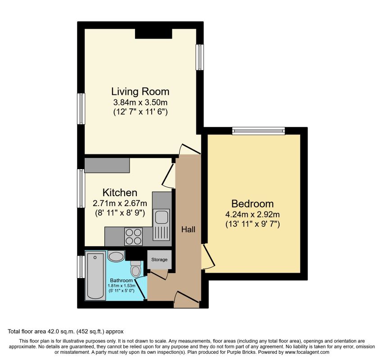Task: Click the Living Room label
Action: tap(140, 91)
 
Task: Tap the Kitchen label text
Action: tap(120, 193)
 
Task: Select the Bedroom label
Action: tap(253, 203)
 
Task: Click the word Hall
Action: tap(188, 229)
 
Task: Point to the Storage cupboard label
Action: tap(159, 260)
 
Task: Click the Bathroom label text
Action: tap(121, 280)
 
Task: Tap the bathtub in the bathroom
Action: tap(95, 275)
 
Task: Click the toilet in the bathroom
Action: tap(135, 269)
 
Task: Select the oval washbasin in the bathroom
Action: tap(116, 256)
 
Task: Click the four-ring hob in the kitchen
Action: tap(133, 237)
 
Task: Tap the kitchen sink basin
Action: tap(161, 216)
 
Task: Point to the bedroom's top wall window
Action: tap(258, 131)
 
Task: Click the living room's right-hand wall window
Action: tap(200, 57)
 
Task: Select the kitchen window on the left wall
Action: tap(81, 189)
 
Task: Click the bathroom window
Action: tap(81, 267)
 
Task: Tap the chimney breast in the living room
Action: tap(154, 34)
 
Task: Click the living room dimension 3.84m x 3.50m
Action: tap(140, 102)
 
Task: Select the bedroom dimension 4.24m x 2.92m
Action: tap(253, 214)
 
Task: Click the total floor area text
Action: tap(66, 332)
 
